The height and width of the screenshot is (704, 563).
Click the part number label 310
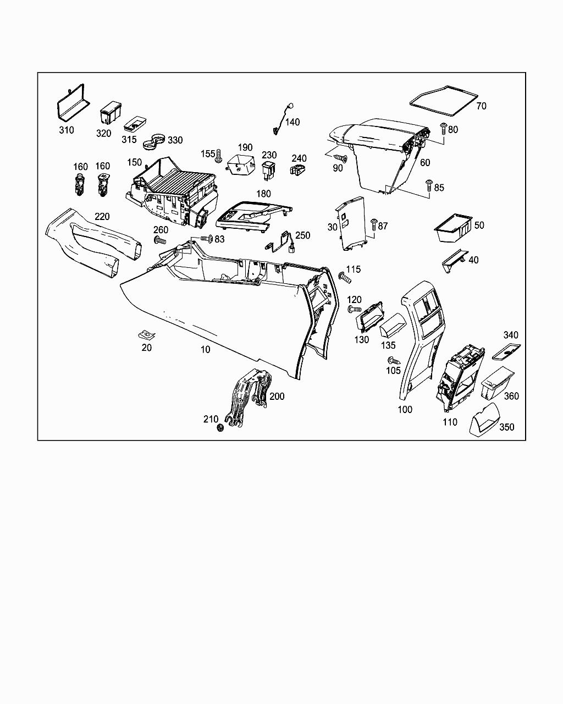tap(67, 130)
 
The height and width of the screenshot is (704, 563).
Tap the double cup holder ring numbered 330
tap(154, 141)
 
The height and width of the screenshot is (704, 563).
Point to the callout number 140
tap(292, 122)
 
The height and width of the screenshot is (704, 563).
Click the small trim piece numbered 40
tap(454, 260)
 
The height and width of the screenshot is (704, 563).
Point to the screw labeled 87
tap(374, 224)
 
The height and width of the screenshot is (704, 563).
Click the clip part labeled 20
tap(146, 334)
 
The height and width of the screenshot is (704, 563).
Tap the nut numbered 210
tap(220, 427)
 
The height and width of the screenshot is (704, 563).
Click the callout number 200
tap(277, 397)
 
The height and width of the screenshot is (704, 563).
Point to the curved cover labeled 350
tap(484, 421)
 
